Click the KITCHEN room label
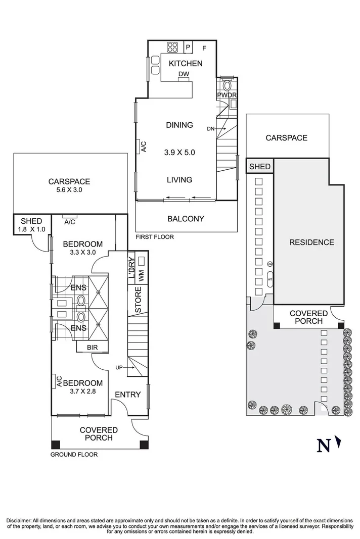point(186,63)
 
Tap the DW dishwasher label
point(184,74)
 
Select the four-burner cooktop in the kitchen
point(172,47)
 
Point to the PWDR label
point(227,95)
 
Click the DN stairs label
point(210,129)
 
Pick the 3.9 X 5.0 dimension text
point(179,152)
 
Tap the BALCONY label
point(186,219)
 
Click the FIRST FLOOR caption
point(155,236)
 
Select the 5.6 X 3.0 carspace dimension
point(69,190)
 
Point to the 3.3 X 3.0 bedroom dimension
point(83,252)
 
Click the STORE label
point(138,299)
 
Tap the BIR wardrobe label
point(93,348)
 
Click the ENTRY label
point(127,395)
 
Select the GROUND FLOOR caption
point(74,455)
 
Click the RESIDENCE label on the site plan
point(311,242)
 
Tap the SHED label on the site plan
point(260,167)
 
